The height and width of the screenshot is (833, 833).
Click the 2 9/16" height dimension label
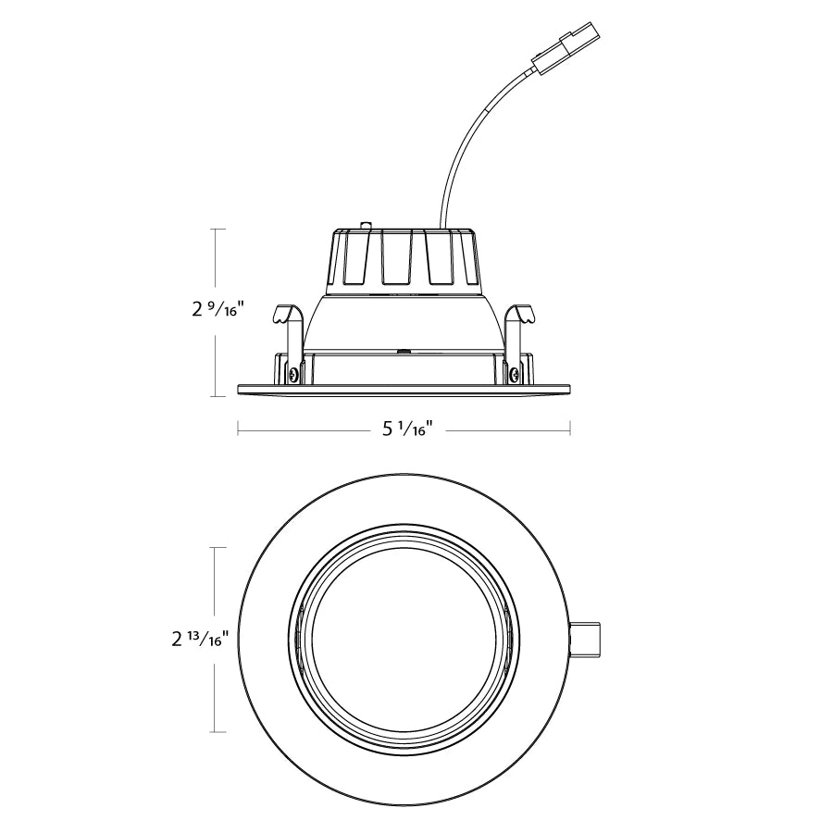(215, 310)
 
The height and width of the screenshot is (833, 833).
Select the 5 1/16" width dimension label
(408, 429)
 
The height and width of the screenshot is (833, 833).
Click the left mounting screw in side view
(293, 374)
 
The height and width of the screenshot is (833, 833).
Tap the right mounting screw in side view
(515, 374)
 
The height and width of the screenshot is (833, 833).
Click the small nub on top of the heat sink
(364, 225)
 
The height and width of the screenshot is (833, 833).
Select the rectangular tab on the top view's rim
(587, 639)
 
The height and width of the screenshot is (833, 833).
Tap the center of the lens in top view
(404, 639)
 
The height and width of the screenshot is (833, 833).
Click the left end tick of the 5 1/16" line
(238, 428)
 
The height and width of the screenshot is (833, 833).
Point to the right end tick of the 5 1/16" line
(570, 428)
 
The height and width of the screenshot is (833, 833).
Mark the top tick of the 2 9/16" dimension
(216, 229)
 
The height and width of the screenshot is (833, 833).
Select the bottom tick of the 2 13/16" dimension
(216, 732)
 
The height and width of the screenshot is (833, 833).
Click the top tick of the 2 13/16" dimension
(216, 547)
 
